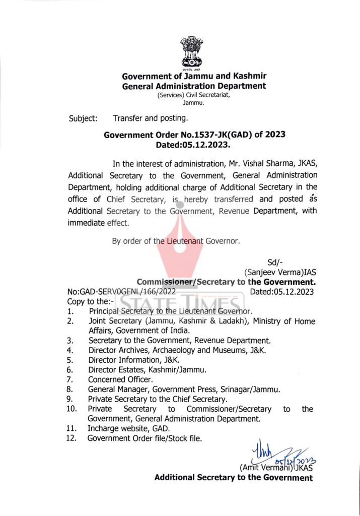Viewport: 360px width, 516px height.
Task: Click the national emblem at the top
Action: tap(194, 53)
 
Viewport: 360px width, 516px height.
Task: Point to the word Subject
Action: tap(83, 119)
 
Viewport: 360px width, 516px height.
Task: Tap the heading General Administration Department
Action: tap(194, 86)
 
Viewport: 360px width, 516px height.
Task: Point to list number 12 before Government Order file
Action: tap(71, 438)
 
